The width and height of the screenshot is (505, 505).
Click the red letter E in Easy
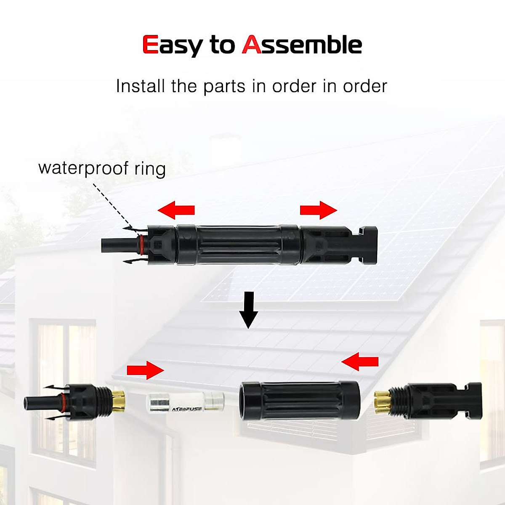[x=150, y=45]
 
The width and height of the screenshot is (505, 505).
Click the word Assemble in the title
[x=302, y=45]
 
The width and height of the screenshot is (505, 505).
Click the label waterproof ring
[x=102, y=168]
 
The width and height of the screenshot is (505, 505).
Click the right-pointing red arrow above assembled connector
[x=318, y=210]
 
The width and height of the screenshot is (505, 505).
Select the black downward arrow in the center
[x=249, y=309]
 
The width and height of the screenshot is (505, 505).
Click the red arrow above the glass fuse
[x=145, y=370]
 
